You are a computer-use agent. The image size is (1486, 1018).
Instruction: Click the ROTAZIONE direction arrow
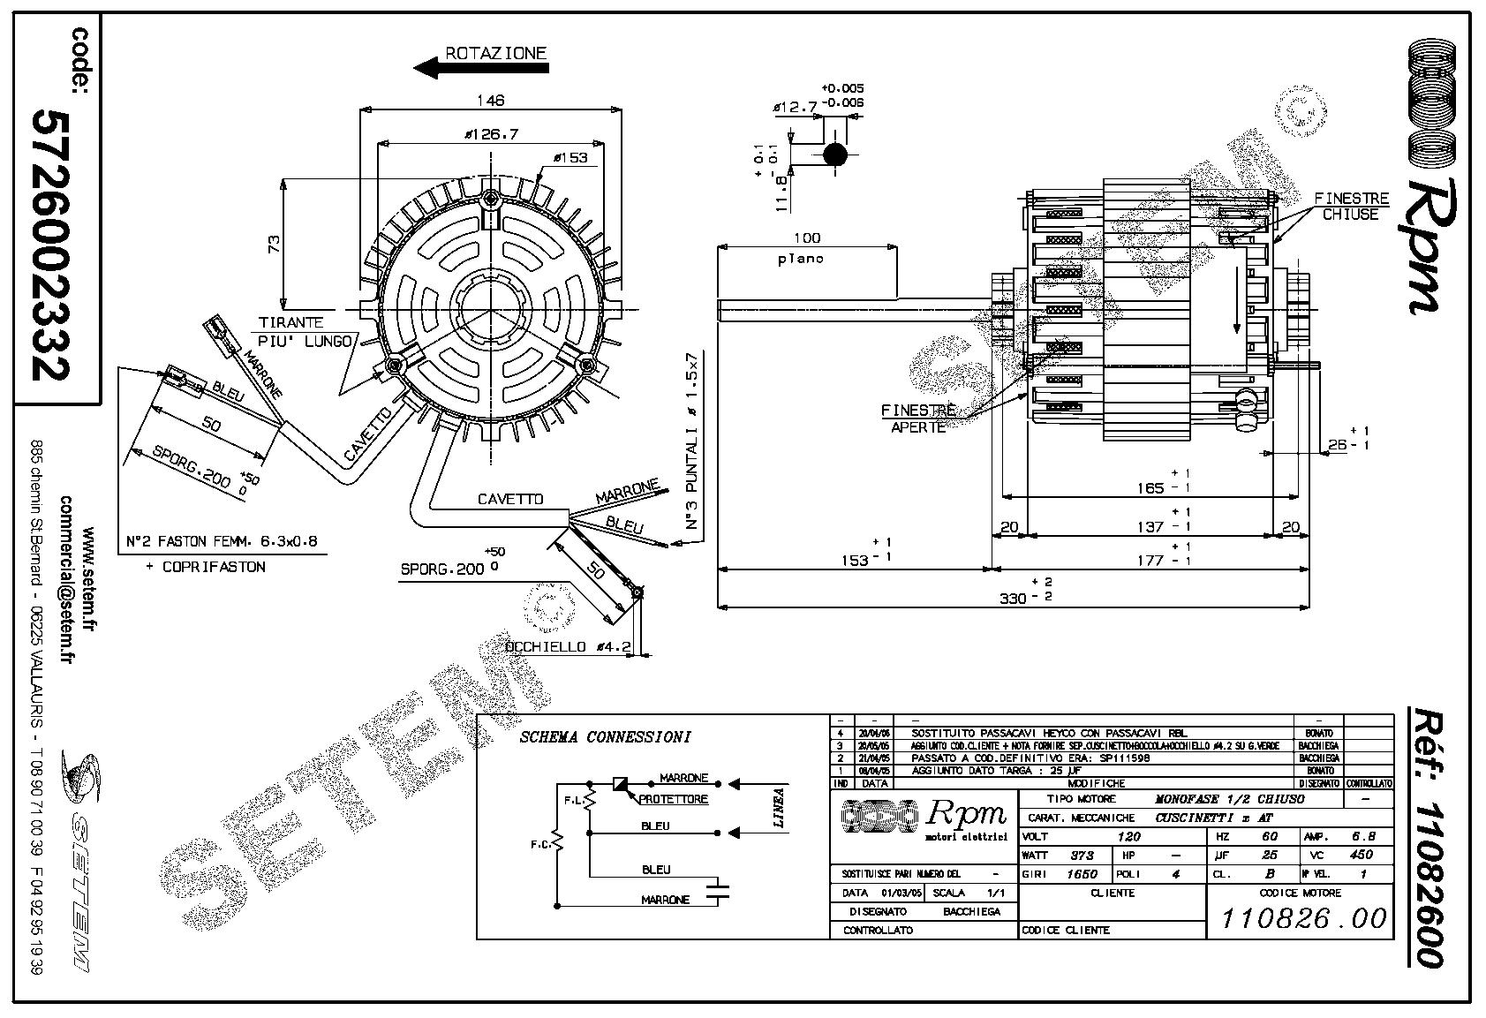point(439,68)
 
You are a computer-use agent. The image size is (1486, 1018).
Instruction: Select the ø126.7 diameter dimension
point(493,134)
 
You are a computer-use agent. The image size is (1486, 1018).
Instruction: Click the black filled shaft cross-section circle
point(834,155)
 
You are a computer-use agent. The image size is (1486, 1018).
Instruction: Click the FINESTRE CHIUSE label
point(1351,207)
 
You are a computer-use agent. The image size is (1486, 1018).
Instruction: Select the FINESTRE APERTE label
point(918,419)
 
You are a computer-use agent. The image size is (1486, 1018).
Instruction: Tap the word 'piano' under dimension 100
point(801,259)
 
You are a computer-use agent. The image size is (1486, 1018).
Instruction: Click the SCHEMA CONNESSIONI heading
point(605,737)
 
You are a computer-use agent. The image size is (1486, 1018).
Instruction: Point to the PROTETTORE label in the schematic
point(674,799)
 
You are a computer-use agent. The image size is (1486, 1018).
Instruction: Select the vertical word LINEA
point(779,807)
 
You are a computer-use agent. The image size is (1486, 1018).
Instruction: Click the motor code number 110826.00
point(1303,918)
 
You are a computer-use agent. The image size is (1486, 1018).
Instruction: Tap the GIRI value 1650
point(1082,874)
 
